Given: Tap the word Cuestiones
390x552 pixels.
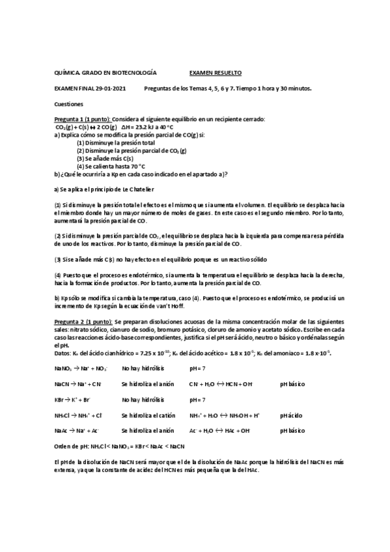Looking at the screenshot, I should pyautogui.click(x=68, y=103).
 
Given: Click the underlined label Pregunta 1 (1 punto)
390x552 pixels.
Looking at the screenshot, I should pyautogui.click(x=83, y=120).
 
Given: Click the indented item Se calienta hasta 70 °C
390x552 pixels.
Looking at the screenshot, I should pyautogui.click(x=111, y=166).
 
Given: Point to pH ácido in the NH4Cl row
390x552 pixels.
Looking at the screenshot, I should pyautogui.click(x=291, y=415).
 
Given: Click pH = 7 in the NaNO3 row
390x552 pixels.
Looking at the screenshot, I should pyautogui.click(x=199, y=369).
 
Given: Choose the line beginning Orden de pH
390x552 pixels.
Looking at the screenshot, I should pyautogui.click(x=120, y=446).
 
